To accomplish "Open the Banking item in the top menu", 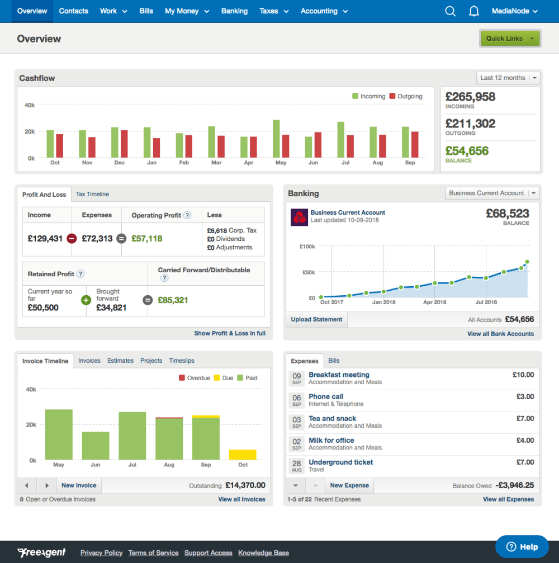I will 234,11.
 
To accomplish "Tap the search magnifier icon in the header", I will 450,11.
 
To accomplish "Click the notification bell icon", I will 474,11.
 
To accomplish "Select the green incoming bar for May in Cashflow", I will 276,139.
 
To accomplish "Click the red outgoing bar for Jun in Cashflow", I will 318,145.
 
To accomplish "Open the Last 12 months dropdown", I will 508,78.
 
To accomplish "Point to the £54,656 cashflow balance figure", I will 467,151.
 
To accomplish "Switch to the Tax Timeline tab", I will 92,194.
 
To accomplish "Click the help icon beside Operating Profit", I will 187,215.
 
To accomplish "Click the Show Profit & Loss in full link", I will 230,333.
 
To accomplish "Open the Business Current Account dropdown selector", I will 492,193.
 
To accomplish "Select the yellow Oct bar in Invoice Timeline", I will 243,455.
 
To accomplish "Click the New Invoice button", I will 79,485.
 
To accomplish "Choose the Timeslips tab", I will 182,361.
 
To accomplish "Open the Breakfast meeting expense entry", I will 339,375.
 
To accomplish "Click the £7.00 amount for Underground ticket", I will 525,462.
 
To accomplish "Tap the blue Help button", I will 522,547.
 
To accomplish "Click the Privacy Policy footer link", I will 101,553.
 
